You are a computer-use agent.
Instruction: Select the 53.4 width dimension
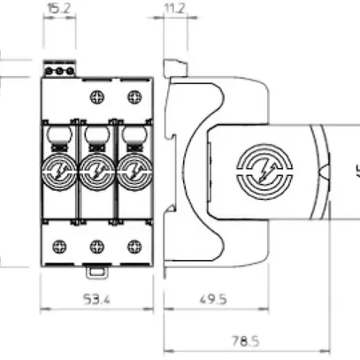97,300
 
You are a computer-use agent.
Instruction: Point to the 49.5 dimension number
212,300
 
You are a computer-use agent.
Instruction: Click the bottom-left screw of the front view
60,246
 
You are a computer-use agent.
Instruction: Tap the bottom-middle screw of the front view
97,246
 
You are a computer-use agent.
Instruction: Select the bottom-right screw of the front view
134,246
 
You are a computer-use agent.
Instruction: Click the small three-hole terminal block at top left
57,70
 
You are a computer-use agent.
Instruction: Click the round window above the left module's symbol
59,138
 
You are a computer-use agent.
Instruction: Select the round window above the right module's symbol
133,138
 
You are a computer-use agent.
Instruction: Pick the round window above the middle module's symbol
96,138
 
